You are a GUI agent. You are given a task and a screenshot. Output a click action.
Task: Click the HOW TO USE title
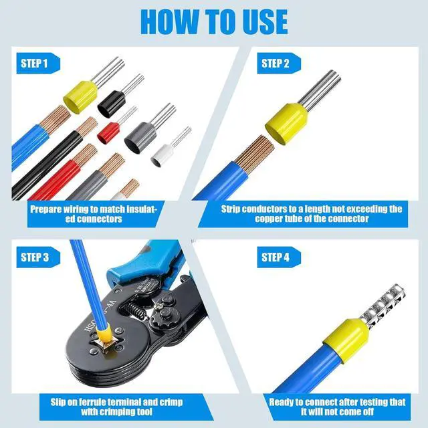[x=214, y=22]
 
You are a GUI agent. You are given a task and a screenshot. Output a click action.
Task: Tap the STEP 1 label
[x=34, y=64]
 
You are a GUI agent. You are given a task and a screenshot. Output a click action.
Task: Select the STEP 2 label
[x=275, y=64]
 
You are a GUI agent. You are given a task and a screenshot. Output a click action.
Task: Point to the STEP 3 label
[x=35, y=257]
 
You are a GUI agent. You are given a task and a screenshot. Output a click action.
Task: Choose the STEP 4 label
[x=275, y=257]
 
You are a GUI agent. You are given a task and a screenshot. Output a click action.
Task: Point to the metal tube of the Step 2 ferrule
[x=320, y=88]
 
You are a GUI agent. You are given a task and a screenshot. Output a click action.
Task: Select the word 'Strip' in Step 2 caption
[x=231, y=209]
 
